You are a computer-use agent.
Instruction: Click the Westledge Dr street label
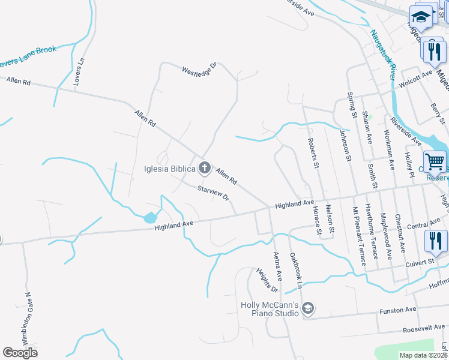[199, 70]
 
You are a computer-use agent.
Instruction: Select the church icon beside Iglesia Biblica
[205, 167]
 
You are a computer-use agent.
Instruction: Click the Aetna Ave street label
[278, 266]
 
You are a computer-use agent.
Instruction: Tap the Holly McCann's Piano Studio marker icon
[308, 308]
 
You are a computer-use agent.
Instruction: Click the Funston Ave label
[397, 311]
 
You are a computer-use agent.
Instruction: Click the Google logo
[20, 353]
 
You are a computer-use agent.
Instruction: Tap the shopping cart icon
[435, 161]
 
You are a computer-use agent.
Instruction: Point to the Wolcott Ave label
[418, 76]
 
